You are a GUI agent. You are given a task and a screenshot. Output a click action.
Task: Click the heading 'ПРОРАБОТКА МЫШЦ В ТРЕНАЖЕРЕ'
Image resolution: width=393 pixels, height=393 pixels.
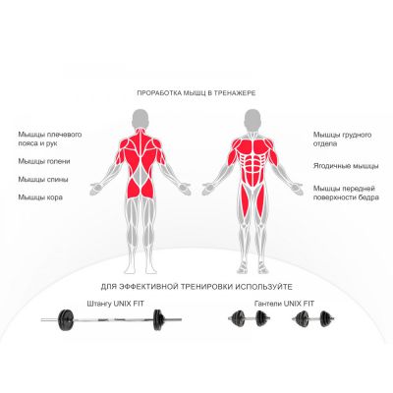click(x=196, y=93)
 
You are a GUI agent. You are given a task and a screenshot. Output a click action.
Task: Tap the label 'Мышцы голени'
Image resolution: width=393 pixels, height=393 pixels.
click(x=44, y=161)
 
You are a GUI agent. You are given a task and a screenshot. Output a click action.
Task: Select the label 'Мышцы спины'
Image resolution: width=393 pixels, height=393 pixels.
click(x=43, y=180)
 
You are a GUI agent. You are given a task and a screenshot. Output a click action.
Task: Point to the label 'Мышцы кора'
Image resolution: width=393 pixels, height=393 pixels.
click(x=40, y=197)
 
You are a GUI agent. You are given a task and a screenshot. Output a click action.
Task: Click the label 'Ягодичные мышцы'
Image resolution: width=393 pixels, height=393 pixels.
click(x=346, y=166)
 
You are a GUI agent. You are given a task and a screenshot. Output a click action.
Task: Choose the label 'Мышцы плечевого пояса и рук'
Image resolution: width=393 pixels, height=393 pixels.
click(x=50, y=139)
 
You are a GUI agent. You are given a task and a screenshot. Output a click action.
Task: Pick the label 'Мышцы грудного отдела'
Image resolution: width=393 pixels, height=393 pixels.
click(x=342, y=139)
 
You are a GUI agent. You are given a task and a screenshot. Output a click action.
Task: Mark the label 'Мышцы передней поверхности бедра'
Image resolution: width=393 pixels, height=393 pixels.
click(x=346, y=193)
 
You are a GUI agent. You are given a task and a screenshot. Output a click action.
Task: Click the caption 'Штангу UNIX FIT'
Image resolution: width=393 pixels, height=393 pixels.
click(x=115, y=304)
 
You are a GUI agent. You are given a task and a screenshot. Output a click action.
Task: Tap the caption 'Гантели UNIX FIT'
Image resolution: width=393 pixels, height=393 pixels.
click(x=284, y=304)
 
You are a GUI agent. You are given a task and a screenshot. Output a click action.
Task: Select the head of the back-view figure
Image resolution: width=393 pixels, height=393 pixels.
click(x=140, y=119)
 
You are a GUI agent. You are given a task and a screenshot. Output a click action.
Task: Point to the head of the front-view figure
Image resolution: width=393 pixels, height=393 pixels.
click(x=253, y=119)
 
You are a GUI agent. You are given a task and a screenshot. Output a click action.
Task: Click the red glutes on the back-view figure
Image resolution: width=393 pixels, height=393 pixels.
click(x=140, y=189)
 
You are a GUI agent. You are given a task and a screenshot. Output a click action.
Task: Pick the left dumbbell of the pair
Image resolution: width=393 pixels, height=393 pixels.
click(x=250, y=318)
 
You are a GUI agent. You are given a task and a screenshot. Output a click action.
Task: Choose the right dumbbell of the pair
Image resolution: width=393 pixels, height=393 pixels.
click(x=313, y=318)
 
